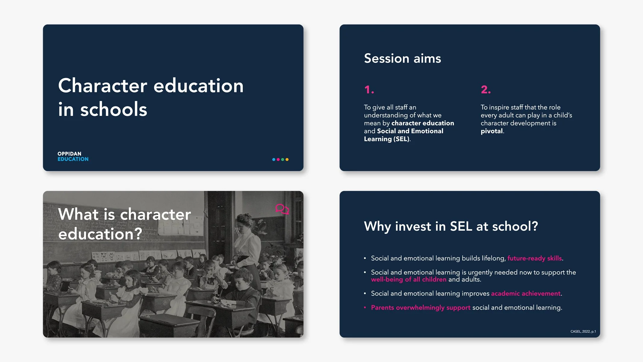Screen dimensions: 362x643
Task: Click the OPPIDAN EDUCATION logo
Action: [73, 156]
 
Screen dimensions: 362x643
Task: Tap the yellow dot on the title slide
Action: [287, 160]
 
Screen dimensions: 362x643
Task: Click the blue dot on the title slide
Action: [274, 160]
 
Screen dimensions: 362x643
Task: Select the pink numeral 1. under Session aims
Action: [369, 90]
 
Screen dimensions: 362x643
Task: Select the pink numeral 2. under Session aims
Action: [486, 90]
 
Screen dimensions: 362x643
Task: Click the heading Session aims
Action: [402, 58]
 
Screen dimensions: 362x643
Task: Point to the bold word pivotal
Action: [492, 131]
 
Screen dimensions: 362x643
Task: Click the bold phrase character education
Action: [423, 123]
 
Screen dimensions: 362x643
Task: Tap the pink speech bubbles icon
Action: [282, 209]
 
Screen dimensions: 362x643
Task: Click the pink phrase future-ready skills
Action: [534, 258]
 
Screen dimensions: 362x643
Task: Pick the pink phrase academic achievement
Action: [526, 293]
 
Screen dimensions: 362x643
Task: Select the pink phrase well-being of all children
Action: [408, 279]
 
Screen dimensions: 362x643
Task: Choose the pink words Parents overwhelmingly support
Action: [421, 307]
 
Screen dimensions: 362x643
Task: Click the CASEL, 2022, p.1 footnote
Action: [583, 331]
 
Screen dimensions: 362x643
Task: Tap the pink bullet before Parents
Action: [365, 307]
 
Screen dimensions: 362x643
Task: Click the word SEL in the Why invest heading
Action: [461, 226]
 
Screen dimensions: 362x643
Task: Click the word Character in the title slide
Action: [102, 86]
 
